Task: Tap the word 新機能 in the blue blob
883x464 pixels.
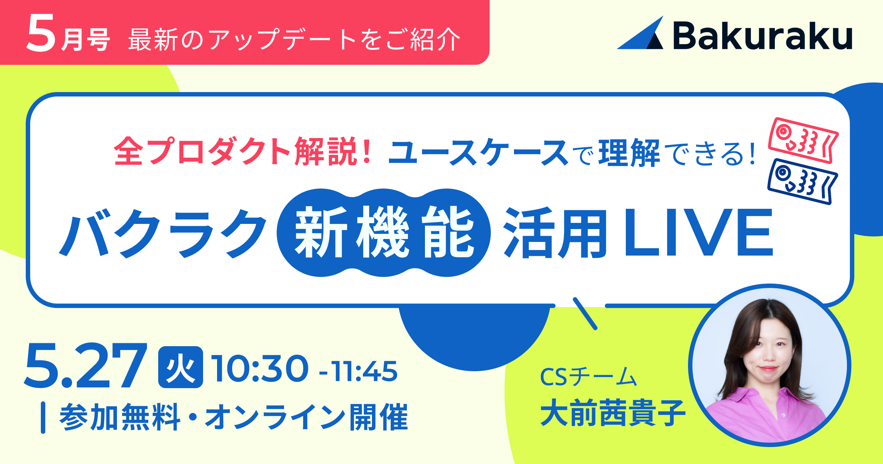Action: point(384,232)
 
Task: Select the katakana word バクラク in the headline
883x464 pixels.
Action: point(163,233)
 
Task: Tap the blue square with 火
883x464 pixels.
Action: point(181,367)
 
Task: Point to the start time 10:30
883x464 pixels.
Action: point(260,369)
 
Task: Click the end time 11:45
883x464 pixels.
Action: point(364,371)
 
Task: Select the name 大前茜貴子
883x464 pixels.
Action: point(613,413)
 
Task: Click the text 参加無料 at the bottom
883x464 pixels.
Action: point(120,417)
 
